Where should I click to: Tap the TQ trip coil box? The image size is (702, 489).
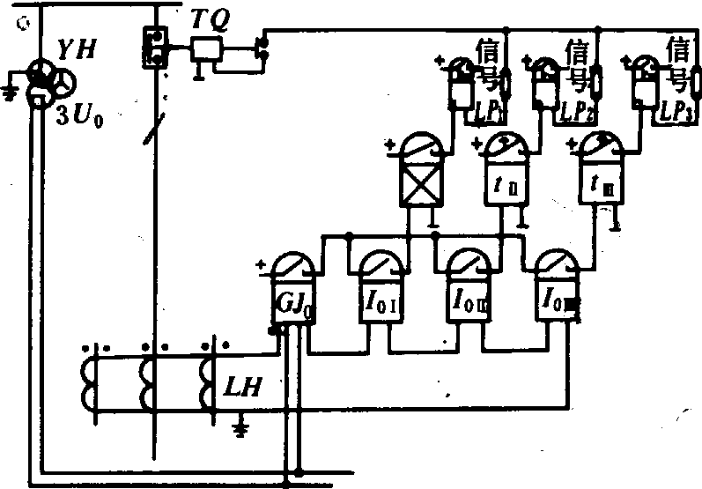[x=207, y=50]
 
